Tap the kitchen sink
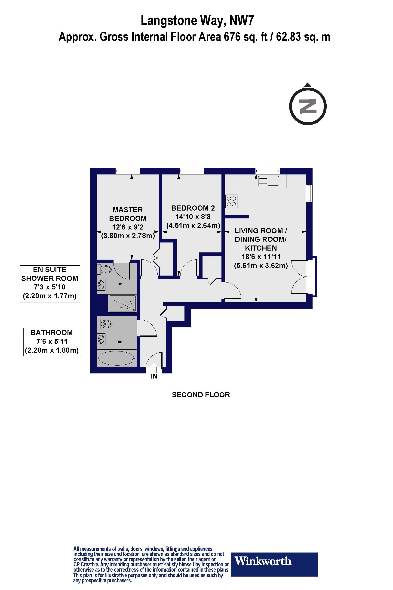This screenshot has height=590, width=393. [x=268, y=181]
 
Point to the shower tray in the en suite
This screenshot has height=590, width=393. [x=122, y=304]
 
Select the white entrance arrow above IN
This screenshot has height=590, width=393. [x=154, y=367]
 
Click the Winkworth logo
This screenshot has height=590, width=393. [x=274, y=561]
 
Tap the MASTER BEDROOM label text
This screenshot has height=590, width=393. [x=128, y=214]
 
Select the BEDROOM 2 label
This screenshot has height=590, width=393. [x=193, y=208]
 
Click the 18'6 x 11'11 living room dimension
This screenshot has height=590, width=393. [x=261, y=257]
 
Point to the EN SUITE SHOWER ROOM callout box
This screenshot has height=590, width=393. [x=50, y=284]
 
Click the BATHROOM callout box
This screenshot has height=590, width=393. [x=51, y=342]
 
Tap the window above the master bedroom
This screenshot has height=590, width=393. [x=128, y=171]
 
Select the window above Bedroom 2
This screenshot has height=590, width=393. [x=192, y=171]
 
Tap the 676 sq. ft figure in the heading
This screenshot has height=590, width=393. [x=240, y=37]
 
